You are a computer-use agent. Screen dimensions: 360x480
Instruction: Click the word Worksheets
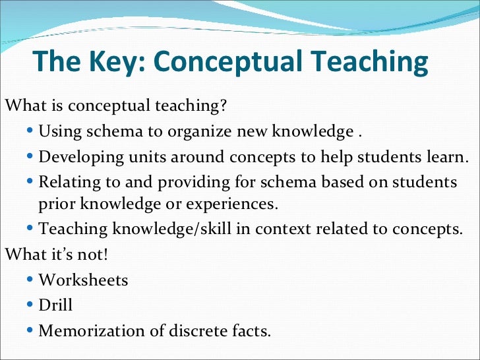click(83, 280)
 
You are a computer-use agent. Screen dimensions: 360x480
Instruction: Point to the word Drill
click(55, 305)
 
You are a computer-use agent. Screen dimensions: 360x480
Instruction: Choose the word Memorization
click(92, 330)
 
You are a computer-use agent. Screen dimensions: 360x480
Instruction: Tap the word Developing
click(81, 158)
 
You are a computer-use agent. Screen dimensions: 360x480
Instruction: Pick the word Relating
click(69, 181)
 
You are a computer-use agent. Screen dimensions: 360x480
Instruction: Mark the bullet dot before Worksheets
click(32, 280)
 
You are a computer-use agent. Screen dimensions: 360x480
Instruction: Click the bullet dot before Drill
click(32, 305)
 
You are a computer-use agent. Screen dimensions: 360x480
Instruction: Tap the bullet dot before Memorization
click(32, 330)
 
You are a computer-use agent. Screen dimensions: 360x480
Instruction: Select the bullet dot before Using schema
click(32, 131)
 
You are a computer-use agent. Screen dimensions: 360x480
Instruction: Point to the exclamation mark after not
click(104, 254)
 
